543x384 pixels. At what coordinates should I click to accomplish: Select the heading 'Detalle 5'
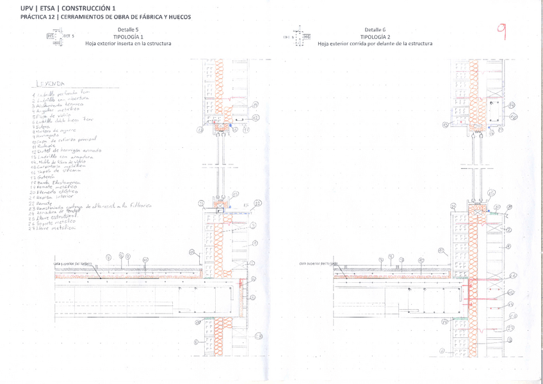pos(128,30)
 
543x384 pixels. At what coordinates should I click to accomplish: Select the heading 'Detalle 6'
pos(375,30)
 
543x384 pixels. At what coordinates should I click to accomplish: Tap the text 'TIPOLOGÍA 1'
pos(128,36)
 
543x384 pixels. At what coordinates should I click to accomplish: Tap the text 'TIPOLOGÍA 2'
pos(375,36)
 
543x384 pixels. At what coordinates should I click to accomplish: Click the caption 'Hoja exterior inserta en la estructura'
pos(128,44)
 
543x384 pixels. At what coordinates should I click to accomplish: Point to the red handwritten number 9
pos(502,32)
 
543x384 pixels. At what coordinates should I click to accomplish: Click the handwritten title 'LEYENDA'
pos(54,83)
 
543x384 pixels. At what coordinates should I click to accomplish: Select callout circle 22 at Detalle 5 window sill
pos(258,203)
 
